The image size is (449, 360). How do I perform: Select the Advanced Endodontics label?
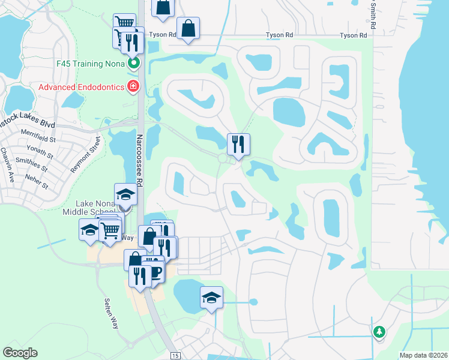tap(80, 87)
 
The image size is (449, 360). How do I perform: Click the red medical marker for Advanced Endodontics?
tap(133, 87)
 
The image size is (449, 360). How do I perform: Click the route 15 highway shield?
tap(175, 356)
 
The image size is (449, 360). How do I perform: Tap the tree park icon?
tap(379, 331)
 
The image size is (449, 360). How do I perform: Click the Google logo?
tap(20, 353)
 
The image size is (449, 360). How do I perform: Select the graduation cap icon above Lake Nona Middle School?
tap(125, 194)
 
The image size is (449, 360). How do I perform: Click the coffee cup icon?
tap(155, 272)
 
